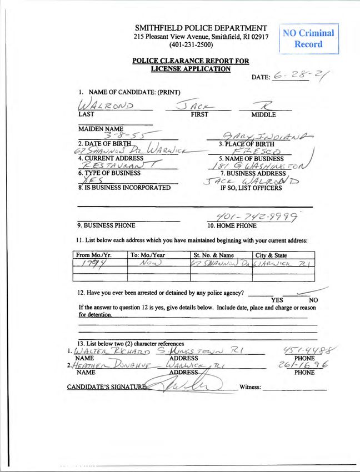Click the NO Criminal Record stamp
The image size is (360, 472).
pos(309,38)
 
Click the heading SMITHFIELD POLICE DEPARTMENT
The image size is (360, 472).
pos(201,28)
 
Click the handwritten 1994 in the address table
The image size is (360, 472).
pos(91,265)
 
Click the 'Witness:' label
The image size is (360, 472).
pos(249,387)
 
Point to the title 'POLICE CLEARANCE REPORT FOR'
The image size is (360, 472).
pos(191,61)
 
